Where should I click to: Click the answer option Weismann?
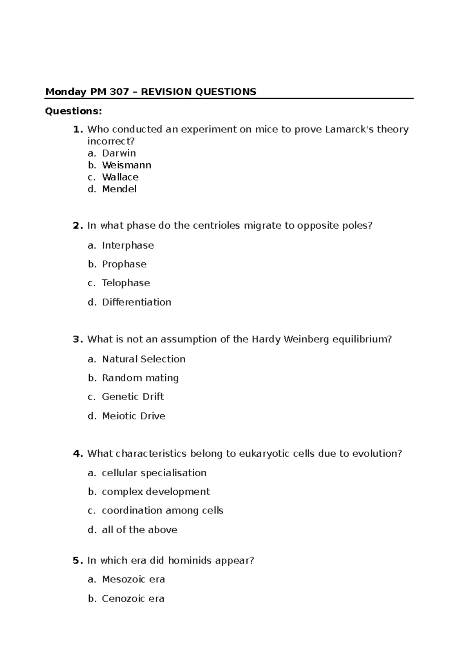coord(127,165)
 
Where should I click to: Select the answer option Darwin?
coord(119,153)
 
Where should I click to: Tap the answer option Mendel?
coord(119,189)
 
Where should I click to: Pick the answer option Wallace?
coord(120,177)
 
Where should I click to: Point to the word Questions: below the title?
coord(74,112)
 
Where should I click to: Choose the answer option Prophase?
coord(124,264)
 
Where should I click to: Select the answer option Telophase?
coord(126,283)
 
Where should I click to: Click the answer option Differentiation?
coord(136,302)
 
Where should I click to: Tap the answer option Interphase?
coord(128,246)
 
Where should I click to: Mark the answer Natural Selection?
coord(143,359)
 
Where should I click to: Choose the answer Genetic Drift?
coord(133,397)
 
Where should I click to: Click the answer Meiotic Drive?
coord(134,416)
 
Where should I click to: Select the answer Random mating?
coord(140,378)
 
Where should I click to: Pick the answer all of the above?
coord(139,530)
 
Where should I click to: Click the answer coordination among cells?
coord(162,511)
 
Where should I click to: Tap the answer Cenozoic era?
coord(133,599)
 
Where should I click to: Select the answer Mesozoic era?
coord(133,580)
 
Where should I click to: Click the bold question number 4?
coord(77,454)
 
